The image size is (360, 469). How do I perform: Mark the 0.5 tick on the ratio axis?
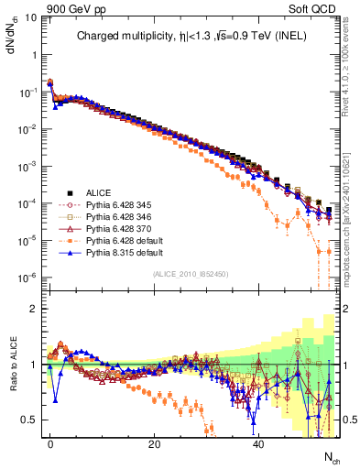point(29,420)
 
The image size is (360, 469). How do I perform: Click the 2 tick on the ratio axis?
point(34,309)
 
